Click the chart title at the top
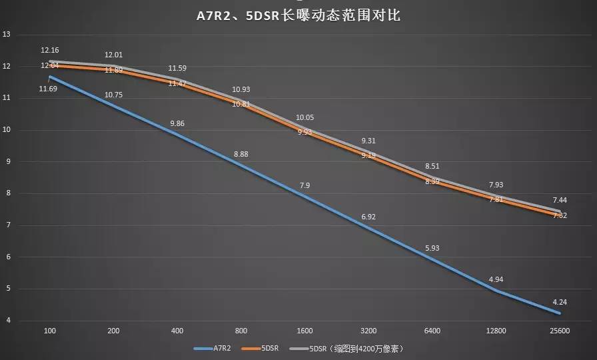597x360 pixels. pos(298,15)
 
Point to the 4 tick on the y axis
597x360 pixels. pos(7,321)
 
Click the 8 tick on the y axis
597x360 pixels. pos(7,193)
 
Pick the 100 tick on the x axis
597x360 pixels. pos(49,331)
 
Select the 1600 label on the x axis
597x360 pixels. pos(304,331)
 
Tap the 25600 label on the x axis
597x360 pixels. pos(559,331)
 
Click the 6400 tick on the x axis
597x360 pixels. pos(432,331)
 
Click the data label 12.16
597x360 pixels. pos(50,50)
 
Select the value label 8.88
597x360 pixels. pos(241,155)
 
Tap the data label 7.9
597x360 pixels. pos(304,185)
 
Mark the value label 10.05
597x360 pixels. pos(304,117)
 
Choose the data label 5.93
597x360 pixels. pos(432,248)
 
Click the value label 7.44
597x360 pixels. pos(560,200)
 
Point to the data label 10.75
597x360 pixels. pos(114,95)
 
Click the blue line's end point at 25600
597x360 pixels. pos(560,313)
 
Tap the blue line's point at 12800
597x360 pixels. pos(496,291)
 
